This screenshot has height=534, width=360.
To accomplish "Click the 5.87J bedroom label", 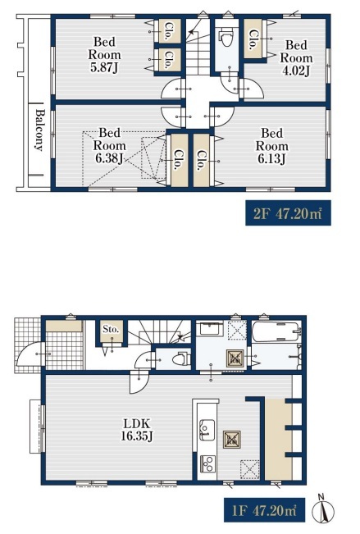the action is (105, 54).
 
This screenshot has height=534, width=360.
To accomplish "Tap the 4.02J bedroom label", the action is (296, 58).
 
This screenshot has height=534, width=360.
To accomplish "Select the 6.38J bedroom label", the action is (109, 145).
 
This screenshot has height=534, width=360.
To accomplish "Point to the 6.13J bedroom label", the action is (271, 146).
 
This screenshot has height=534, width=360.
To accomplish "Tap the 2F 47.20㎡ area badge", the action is (288, 212).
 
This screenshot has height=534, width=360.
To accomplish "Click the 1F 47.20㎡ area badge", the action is (264, 510).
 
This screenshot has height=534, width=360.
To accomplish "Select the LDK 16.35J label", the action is (137, 430).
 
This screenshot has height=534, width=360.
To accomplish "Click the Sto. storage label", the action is (111, 329).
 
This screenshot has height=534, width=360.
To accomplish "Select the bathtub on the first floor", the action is (277, 331).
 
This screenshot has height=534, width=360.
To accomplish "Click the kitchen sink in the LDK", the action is (207, 430).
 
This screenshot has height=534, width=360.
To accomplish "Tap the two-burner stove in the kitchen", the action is (207, 463).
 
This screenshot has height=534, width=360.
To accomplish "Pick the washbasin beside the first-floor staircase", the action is (209, 329).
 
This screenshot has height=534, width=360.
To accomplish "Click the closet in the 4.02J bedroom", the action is (253, 38).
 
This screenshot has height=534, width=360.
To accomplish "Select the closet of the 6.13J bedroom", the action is (202, 160).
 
